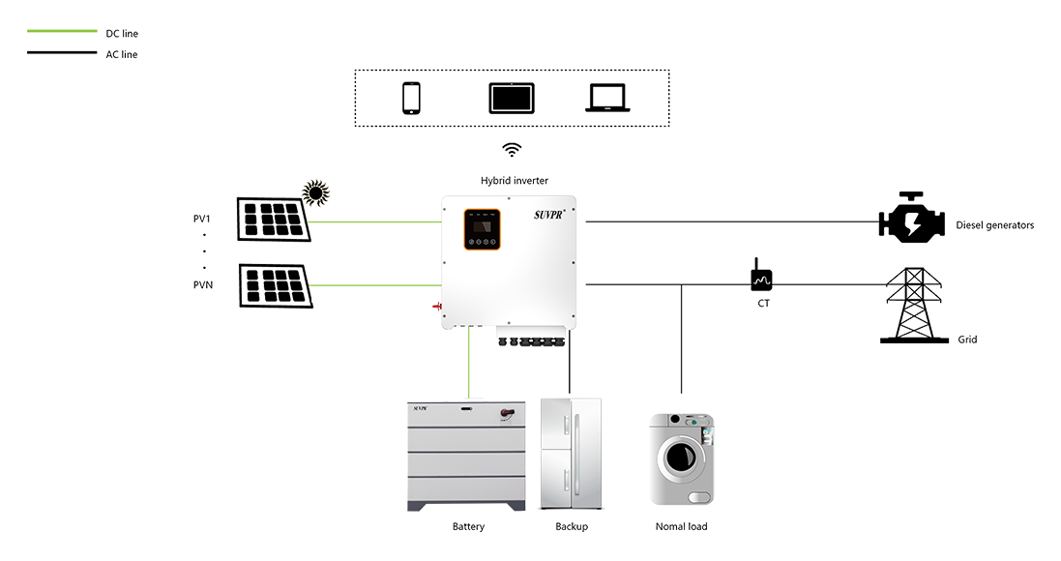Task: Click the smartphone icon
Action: [x=411, y=98]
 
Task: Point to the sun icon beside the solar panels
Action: [x=315, y=192]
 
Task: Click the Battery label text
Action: [x=468, y=528]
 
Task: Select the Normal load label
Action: [x=682, y=528]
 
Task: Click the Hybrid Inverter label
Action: [x=514, y=182]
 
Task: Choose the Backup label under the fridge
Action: [x=572, y=528]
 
